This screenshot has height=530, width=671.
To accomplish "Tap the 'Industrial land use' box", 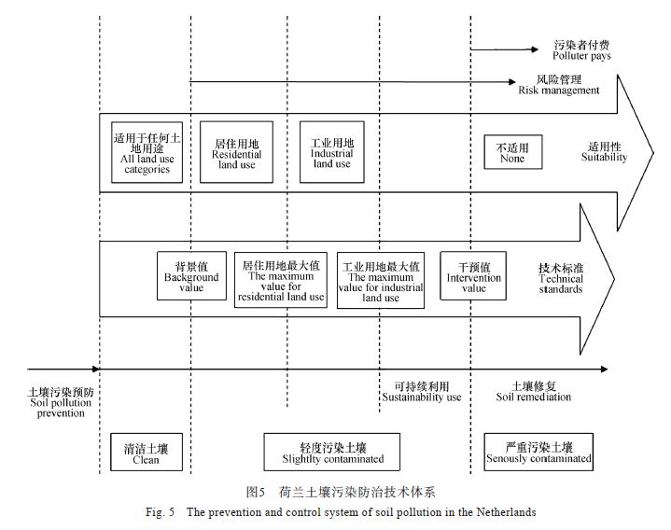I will [x=330, y=151].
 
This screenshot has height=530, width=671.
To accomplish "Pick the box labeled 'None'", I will [x=511, y=152].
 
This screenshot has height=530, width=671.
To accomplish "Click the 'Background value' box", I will [x=191, y=275].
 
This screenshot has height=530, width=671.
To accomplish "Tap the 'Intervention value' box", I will [x=474, y=275].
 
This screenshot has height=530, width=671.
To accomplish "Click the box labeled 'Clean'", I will [x=146, y=453].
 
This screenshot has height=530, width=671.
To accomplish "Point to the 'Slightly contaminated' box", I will [x=332, y=453].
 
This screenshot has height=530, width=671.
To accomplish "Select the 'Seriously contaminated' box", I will [x=538, y=453].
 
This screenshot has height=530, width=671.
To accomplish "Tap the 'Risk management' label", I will [x=559, y=85].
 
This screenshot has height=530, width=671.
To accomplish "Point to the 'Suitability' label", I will [x=605, y=152].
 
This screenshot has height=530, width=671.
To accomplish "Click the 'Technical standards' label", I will [x=561, y=277].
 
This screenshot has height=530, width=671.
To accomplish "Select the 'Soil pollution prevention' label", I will [x=61, y=402].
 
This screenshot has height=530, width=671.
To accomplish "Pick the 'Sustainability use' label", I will [x=422, y=391].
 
